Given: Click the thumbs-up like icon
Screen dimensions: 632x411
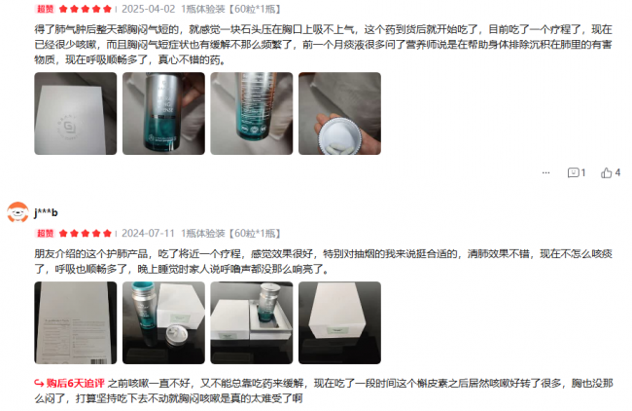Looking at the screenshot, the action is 606,172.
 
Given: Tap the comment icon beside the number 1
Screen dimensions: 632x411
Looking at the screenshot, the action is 573,172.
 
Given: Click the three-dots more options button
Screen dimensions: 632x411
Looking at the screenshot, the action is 545,172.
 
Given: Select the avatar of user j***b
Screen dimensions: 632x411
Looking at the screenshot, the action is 18,212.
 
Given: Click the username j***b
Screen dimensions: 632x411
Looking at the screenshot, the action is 46,212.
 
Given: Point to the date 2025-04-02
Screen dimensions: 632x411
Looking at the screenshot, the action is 149,9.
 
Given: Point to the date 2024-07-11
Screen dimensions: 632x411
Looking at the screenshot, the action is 149,234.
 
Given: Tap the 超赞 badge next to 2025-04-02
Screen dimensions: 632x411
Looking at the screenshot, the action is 45,9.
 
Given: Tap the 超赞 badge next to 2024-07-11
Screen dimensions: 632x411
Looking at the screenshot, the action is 45,234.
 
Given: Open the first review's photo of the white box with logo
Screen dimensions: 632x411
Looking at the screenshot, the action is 76,113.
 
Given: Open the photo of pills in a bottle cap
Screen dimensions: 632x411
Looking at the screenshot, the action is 339,113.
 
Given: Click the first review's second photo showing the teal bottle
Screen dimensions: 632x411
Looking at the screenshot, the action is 163,113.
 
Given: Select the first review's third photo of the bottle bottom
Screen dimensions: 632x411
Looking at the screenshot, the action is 252,113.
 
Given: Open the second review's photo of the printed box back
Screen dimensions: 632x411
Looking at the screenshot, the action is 76,323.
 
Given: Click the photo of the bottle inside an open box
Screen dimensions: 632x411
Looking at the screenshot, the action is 252,323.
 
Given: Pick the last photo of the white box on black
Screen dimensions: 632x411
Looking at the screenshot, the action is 339,323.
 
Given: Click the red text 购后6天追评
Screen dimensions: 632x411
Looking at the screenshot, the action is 76,383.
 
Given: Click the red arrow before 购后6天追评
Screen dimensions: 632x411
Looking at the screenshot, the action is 39,383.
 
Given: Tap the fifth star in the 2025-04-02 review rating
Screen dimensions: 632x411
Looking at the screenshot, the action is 107,9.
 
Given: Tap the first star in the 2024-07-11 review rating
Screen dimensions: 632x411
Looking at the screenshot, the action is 63,234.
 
